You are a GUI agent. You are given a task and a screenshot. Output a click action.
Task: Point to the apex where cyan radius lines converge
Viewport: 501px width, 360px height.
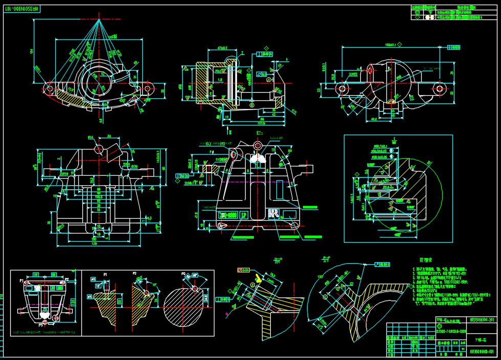pyautogui.click(x=100, y=20)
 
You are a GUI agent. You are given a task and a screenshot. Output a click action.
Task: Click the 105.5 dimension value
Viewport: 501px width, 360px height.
pyautogui.click(x=98, y=196)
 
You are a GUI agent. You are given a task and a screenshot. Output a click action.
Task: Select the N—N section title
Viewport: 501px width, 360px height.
pyautogui.click(x=278, y=258)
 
